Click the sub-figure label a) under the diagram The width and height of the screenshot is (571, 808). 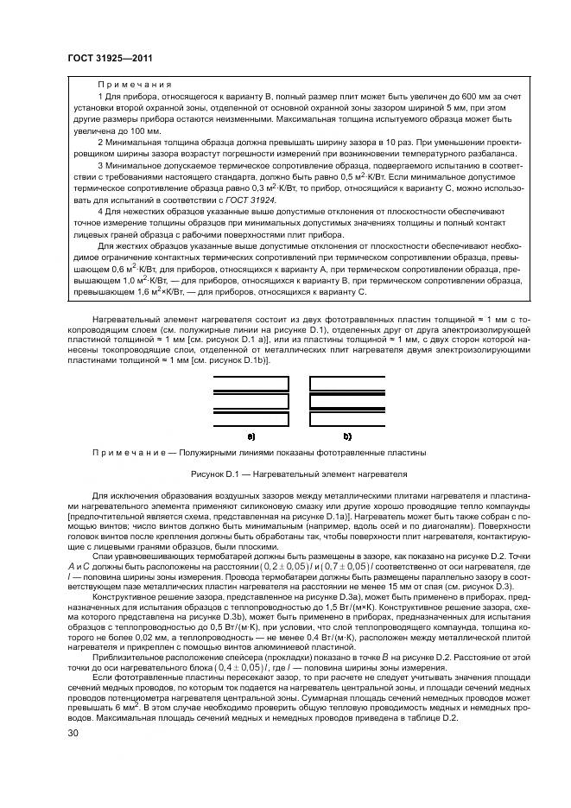pos(251,437)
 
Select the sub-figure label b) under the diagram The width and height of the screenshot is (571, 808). pos(347,437)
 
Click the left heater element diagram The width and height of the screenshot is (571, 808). pos(251,401)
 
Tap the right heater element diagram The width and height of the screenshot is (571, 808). pos(347,401)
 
